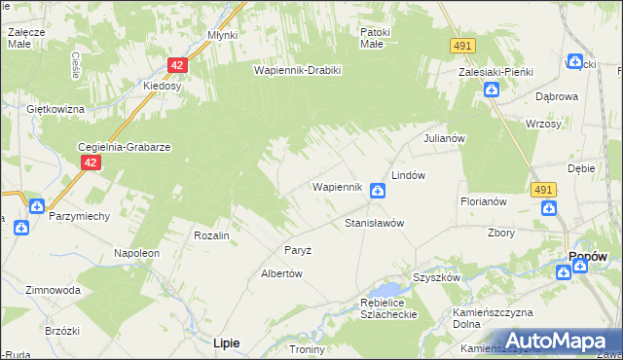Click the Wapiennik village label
[x=337, y=186]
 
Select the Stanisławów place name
[x=374, y=223]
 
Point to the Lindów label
[x=409, y=174]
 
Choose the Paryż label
[x=297, y=250]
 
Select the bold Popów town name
[x=587, y=256]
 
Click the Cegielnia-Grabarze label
[x=125, y=147]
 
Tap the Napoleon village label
[x=136, y=253]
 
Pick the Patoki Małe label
[x=374, y=38]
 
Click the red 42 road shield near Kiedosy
[x=176, y=65]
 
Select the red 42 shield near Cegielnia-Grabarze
[x=90, y=163]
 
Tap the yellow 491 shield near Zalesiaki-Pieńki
[x=462, y=46]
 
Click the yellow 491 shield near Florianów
[x=543, y=190]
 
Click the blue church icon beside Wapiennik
[x=376, y=193]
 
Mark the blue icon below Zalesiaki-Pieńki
[x=492, y=90]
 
